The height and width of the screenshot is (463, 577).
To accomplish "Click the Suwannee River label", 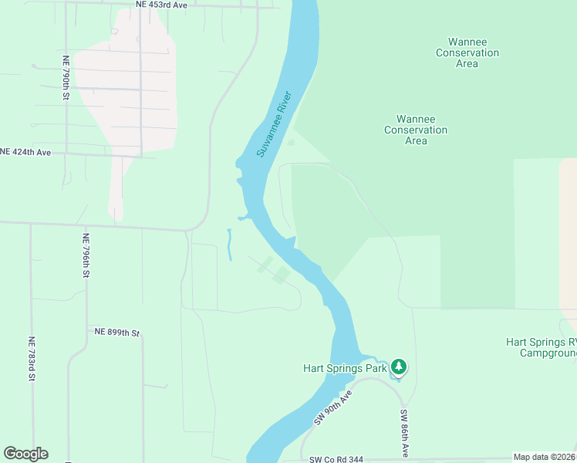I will (x=273, y=124).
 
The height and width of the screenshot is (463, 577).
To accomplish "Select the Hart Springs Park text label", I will (x=344, y=368).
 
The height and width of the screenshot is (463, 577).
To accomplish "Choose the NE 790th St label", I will (x=67, y=77).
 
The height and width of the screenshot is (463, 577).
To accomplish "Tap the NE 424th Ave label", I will (x=25, y=152).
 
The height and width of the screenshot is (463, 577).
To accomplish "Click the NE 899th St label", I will (x=116, y=333).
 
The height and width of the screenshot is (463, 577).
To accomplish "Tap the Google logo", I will (x=25, y=454).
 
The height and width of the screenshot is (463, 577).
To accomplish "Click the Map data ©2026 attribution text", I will (x=545, y=457).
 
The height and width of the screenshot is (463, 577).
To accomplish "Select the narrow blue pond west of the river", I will (x=229, y=244).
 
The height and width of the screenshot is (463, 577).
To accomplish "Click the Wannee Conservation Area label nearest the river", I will (x=416, y=130).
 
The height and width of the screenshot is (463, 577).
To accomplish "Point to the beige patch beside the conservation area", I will (x=568, y=231).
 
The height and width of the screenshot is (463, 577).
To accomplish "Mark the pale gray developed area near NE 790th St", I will (x=131, y=93).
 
